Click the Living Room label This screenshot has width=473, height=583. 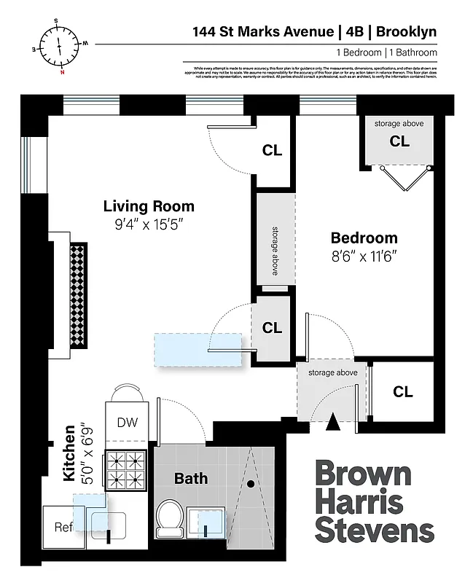[149, 206]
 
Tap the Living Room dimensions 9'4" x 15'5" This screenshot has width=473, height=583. [149, 225]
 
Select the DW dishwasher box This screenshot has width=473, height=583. [127, 423]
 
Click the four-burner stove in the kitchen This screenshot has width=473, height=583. [127, 469]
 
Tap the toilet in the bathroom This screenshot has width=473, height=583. [169, 517]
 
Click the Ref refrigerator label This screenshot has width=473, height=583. [64, 528]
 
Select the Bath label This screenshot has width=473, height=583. [191, 479]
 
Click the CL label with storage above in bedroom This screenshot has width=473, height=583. [399, 141]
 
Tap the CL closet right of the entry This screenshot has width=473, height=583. [403, 392]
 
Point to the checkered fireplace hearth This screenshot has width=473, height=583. [78, 295]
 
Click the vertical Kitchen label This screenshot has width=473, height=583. [69, 453]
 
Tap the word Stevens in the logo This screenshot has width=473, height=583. [374, 530]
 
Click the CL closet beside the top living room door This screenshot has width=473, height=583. [273, 151]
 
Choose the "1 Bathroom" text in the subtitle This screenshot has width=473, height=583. [413, 52]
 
